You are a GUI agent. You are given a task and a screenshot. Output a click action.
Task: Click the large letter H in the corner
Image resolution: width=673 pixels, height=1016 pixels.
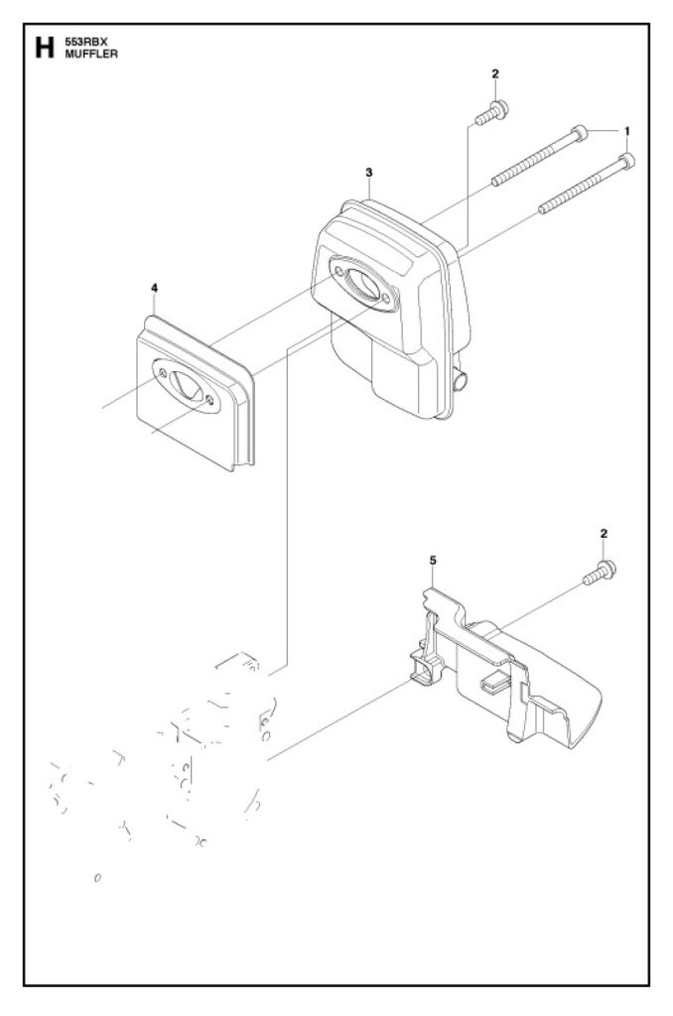(43, 48)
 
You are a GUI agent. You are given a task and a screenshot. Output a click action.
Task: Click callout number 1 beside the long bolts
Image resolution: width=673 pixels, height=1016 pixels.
(626, 131)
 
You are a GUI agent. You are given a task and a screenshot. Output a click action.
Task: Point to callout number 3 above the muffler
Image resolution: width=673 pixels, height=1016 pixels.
(368, 173)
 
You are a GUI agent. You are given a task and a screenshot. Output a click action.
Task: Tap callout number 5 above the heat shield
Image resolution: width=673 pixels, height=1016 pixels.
(432, 561)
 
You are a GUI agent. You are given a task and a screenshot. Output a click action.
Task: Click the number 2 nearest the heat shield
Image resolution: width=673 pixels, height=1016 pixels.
(605, 534)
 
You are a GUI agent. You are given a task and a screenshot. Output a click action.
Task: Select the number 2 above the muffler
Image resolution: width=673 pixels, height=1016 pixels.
(494, 74)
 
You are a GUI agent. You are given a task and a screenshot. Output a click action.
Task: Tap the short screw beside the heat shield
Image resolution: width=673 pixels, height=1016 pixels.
(596, 572)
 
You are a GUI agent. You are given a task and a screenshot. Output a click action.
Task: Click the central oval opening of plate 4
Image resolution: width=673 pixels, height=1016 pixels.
(186, 383)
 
